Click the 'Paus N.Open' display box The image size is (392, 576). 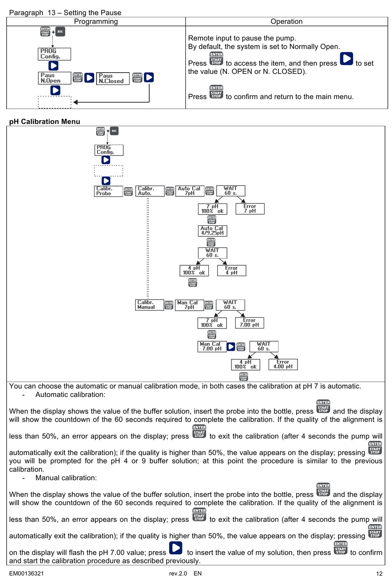[54, 78]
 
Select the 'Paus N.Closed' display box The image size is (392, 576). [113, 78]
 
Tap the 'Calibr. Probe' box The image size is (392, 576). [109, 191]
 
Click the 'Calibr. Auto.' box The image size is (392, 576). [149, 191]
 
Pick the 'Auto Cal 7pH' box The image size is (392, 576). [189, 191]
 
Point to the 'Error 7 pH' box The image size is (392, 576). [250, 209]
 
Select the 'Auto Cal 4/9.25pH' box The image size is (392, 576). [212, 231]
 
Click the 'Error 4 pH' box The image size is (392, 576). [231, 271]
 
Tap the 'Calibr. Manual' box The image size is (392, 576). [149, 305]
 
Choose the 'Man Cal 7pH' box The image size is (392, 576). [189, 305]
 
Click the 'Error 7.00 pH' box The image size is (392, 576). [249, 323]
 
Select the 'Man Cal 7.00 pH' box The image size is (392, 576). [212, 346]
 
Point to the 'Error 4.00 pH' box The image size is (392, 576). [283, 364]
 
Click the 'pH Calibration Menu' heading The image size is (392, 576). [45, 122]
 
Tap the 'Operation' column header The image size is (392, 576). [286, 21]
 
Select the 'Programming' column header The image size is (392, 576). [96, 21]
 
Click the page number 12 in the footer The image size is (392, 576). [379, 573]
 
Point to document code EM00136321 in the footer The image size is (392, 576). [26, 573]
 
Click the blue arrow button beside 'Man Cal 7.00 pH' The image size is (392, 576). [231, 347]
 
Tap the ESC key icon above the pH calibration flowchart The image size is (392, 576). [114, 131]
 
